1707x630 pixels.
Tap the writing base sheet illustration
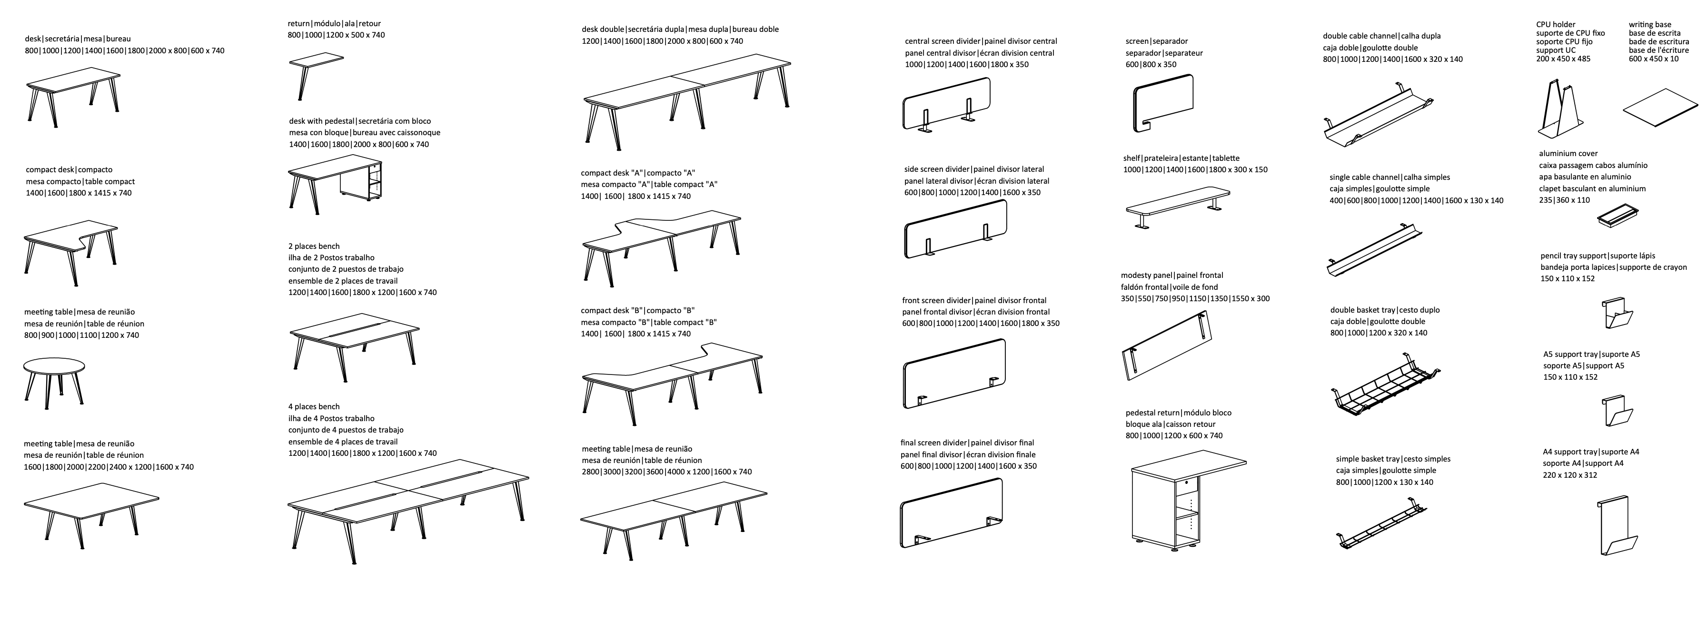[x=1661, y=108]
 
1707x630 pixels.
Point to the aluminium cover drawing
[x=1618, y=216]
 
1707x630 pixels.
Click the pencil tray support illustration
[x=1618, y=313]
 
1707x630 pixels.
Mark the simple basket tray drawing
[x=1379, y=527]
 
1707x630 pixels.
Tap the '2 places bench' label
[x=314, y=246]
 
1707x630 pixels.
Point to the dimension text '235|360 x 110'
[x=1565, y=200]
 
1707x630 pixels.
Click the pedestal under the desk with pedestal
[x=361, y=180]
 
